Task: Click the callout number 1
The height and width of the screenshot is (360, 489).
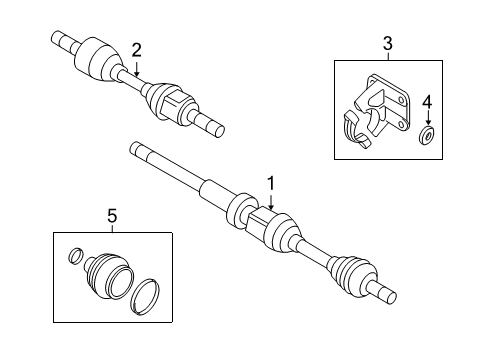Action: pyautogui.click(x=270, y=182)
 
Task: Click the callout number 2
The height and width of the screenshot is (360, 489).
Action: pyautogui.click(x=137, y=50)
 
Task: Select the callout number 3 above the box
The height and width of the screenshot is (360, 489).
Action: pyautogui.click(x=388, y=44)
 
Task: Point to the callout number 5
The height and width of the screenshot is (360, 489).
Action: pyautogui.click(x=112, y=214)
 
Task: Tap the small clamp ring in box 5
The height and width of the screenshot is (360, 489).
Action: pyautogui.click(x=73, y=258)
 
